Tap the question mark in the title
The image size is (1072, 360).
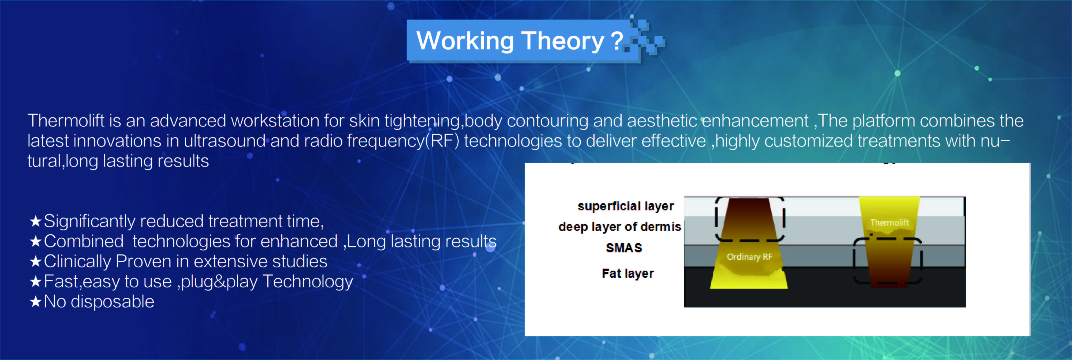point(617,40)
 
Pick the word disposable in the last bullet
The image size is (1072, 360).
point(112,302)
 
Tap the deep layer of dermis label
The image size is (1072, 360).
point(620,227)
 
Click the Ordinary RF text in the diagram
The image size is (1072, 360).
point(749,257)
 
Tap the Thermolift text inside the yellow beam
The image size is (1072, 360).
point(889,223)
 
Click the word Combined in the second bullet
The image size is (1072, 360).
point(84,241)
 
